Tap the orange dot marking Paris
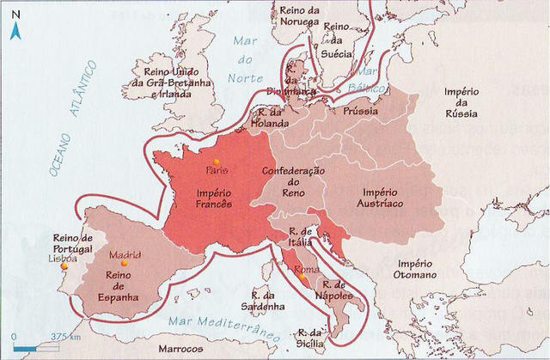pos(217,161)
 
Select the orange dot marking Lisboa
pos(64,266)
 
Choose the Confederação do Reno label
pos(293,182)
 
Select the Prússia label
pos(361,113)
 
